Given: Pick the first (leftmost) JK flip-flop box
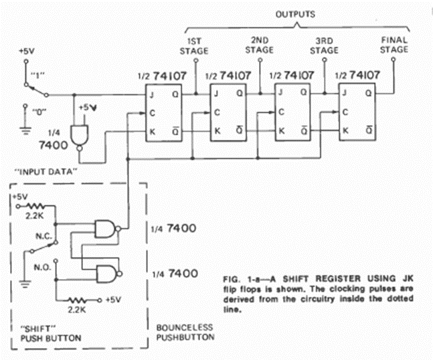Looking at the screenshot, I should pyautogui.click(x=165, y=114).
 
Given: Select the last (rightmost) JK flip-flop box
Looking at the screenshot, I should pyautogui.click(x=357, y=114).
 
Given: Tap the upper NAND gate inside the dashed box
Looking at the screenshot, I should pyautogui.click(x=105, y=230).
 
